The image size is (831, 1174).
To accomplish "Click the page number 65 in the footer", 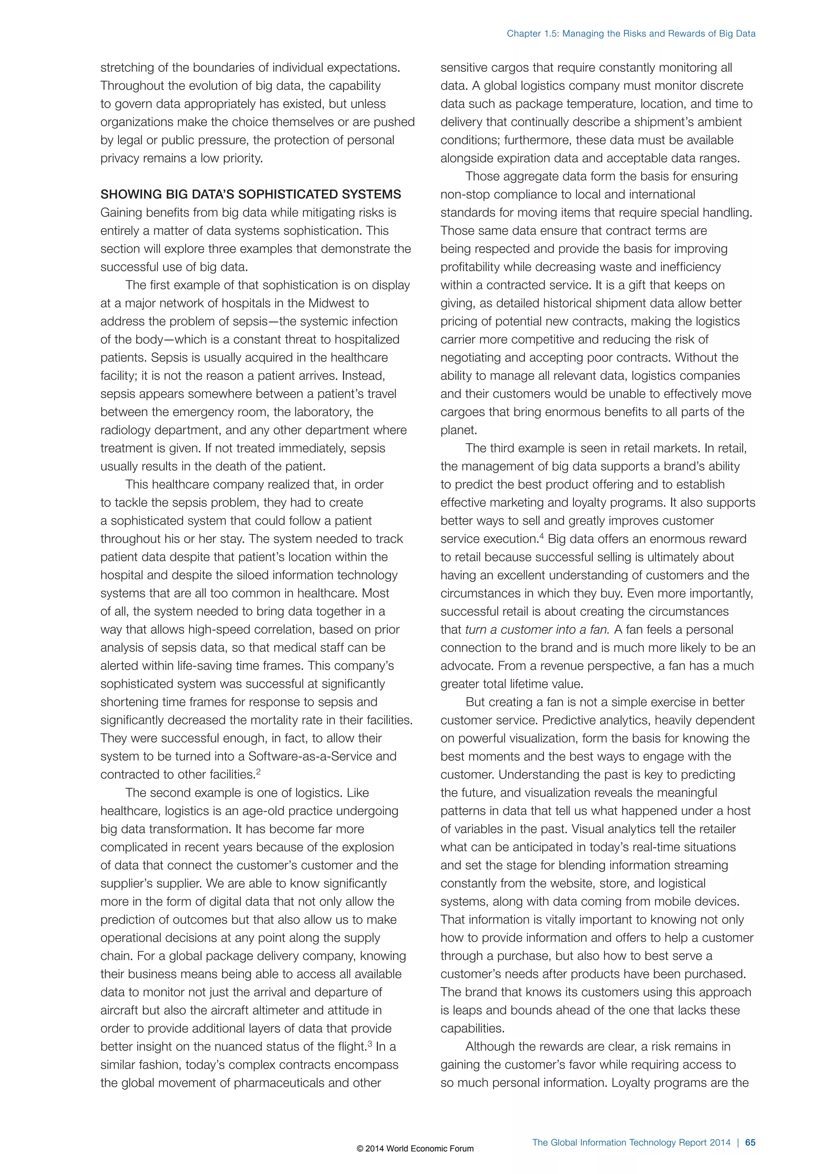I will pyautogui.click(x=750, y=1142).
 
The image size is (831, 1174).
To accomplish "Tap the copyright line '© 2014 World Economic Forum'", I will pyautogui.click(x=415, y=1148).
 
